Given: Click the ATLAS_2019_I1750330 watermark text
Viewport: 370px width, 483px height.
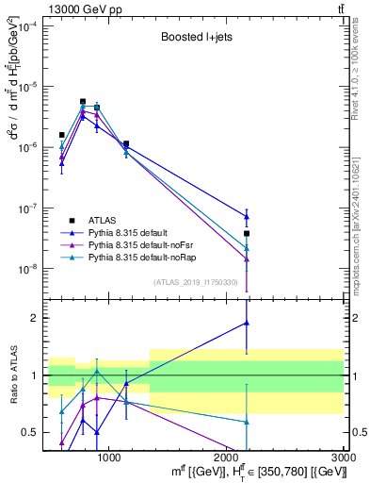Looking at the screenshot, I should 199,282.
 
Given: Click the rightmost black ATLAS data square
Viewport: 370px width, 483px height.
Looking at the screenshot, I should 247,233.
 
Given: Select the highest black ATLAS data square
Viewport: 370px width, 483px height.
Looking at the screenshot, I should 83,101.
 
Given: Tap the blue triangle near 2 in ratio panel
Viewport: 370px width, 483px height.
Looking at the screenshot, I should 247,323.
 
